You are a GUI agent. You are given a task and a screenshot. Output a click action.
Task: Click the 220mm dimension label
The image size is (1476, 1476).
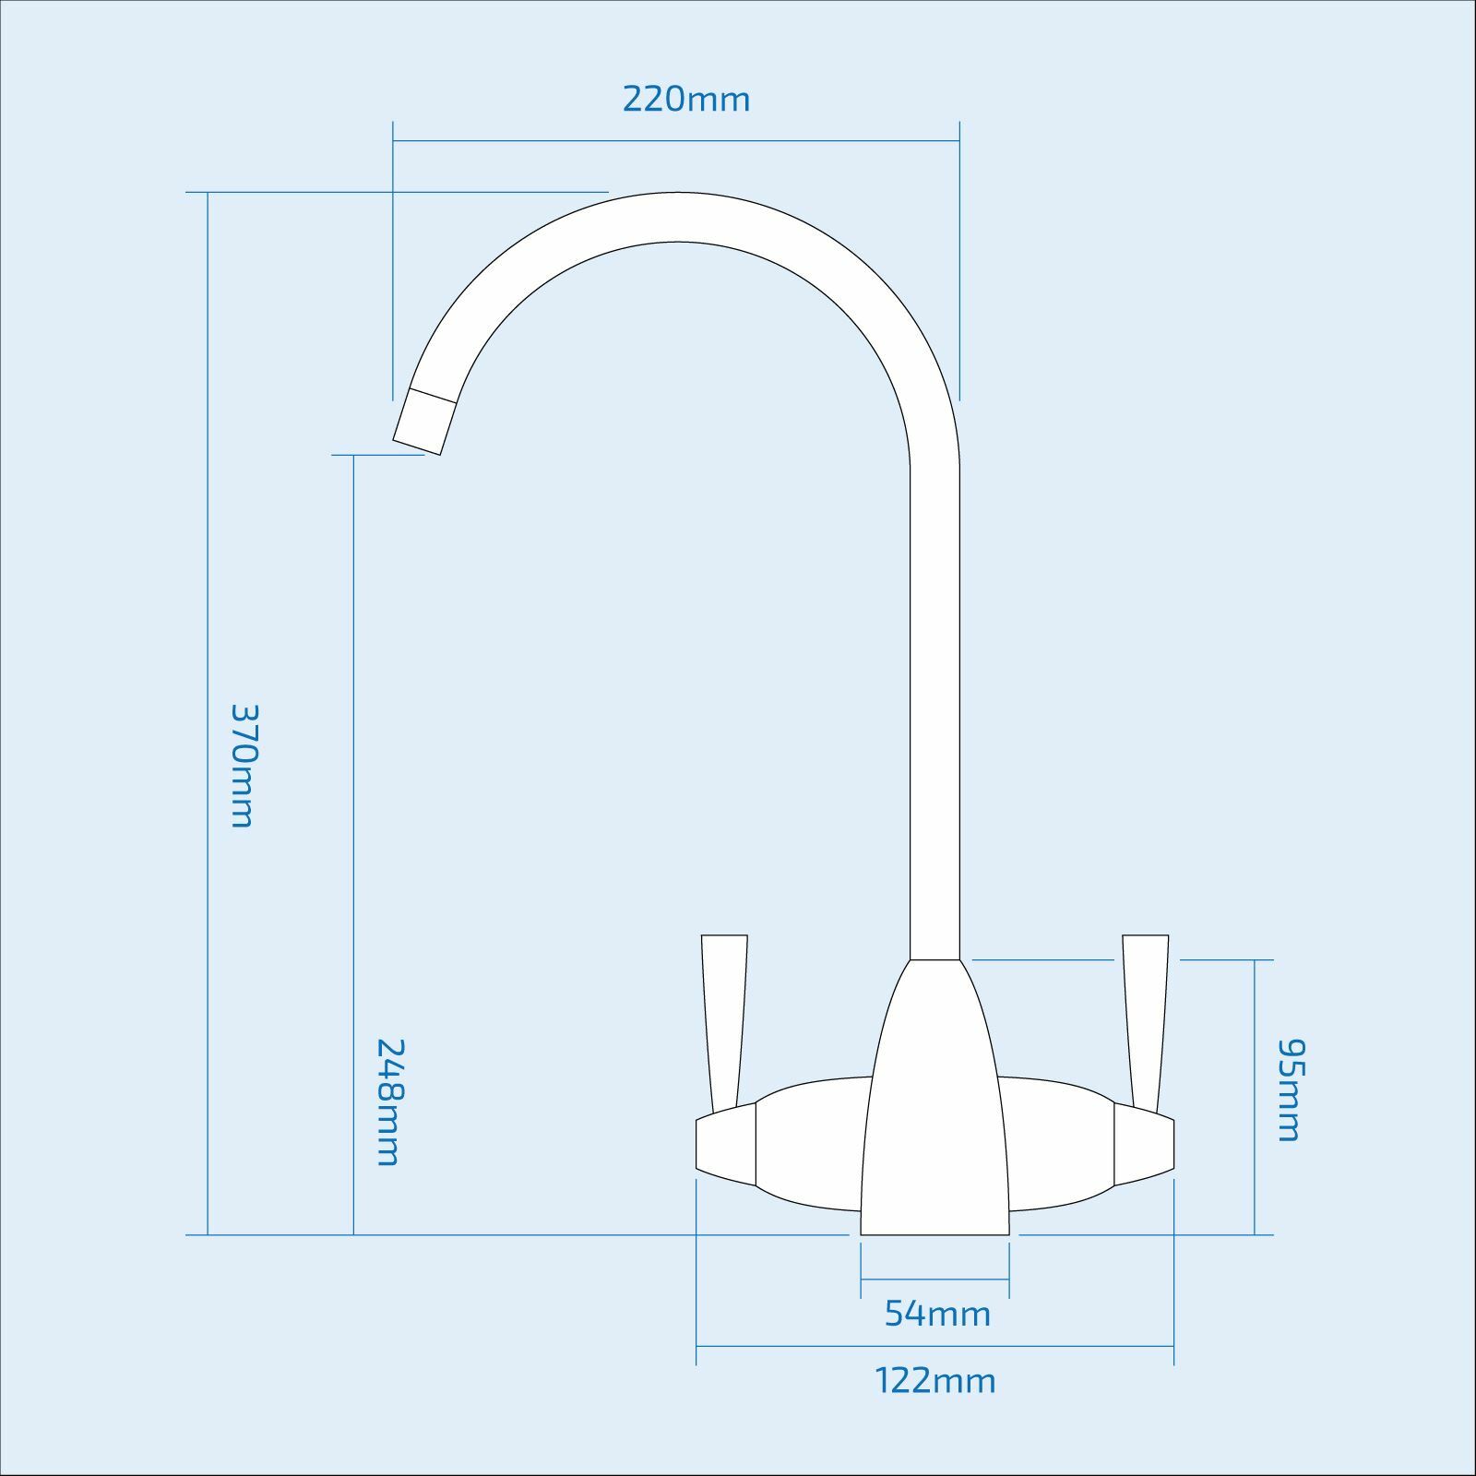(x=686, y=99)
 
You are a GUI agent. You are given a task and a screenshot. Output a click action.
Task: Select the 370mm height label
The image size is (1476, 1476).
(x=243, y=766)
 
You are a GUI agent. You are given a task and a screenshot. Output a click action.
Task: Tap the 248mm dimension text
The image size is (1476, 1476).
(x=388, y=1101)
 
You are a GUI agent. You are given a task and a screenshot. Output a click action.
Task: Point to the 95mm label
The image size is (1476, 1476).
(x=1290, y=1089)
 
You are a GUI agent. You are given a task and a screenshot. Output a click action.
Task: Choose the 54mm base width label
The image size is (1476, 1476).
(x=937, y=1314)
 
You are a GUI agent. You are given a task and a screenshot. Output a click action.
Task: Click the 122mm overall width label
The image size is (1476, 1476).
(x=935, y=1381)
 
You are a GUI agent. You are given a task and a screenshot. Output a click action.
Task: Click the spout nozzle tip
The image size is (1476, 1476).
(x=423, y=423)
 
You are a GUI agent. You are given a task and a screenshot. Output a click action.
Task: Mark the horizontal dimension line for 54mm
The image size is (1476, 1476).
(x=934, y=1280)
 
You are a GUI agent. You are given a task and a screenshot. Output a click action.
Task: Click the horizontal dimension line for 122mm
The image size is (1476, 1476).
(x=934, y=1347)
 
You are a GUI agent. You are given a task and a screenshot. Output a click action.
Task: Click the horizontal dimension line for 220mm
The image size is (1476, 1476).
(x=676, y=141)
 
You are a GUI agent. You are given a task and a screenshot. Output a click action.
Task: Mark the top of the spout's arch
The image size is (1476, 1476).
(x=678, y=217)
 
